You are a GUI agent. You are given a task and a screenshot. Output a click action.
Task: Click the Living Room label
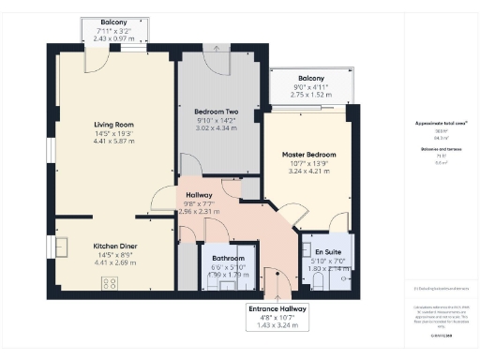113,124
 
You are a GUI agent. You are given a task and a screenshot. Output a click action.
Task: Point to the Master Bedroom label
309,154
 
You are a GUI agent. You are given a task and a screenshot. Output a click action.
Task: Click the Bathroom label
228,258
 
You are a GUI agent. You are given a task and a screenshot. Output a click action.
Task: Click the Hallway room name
198,195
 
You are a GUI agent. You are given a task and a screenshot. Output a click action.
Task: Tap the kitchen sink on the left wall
61,247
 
